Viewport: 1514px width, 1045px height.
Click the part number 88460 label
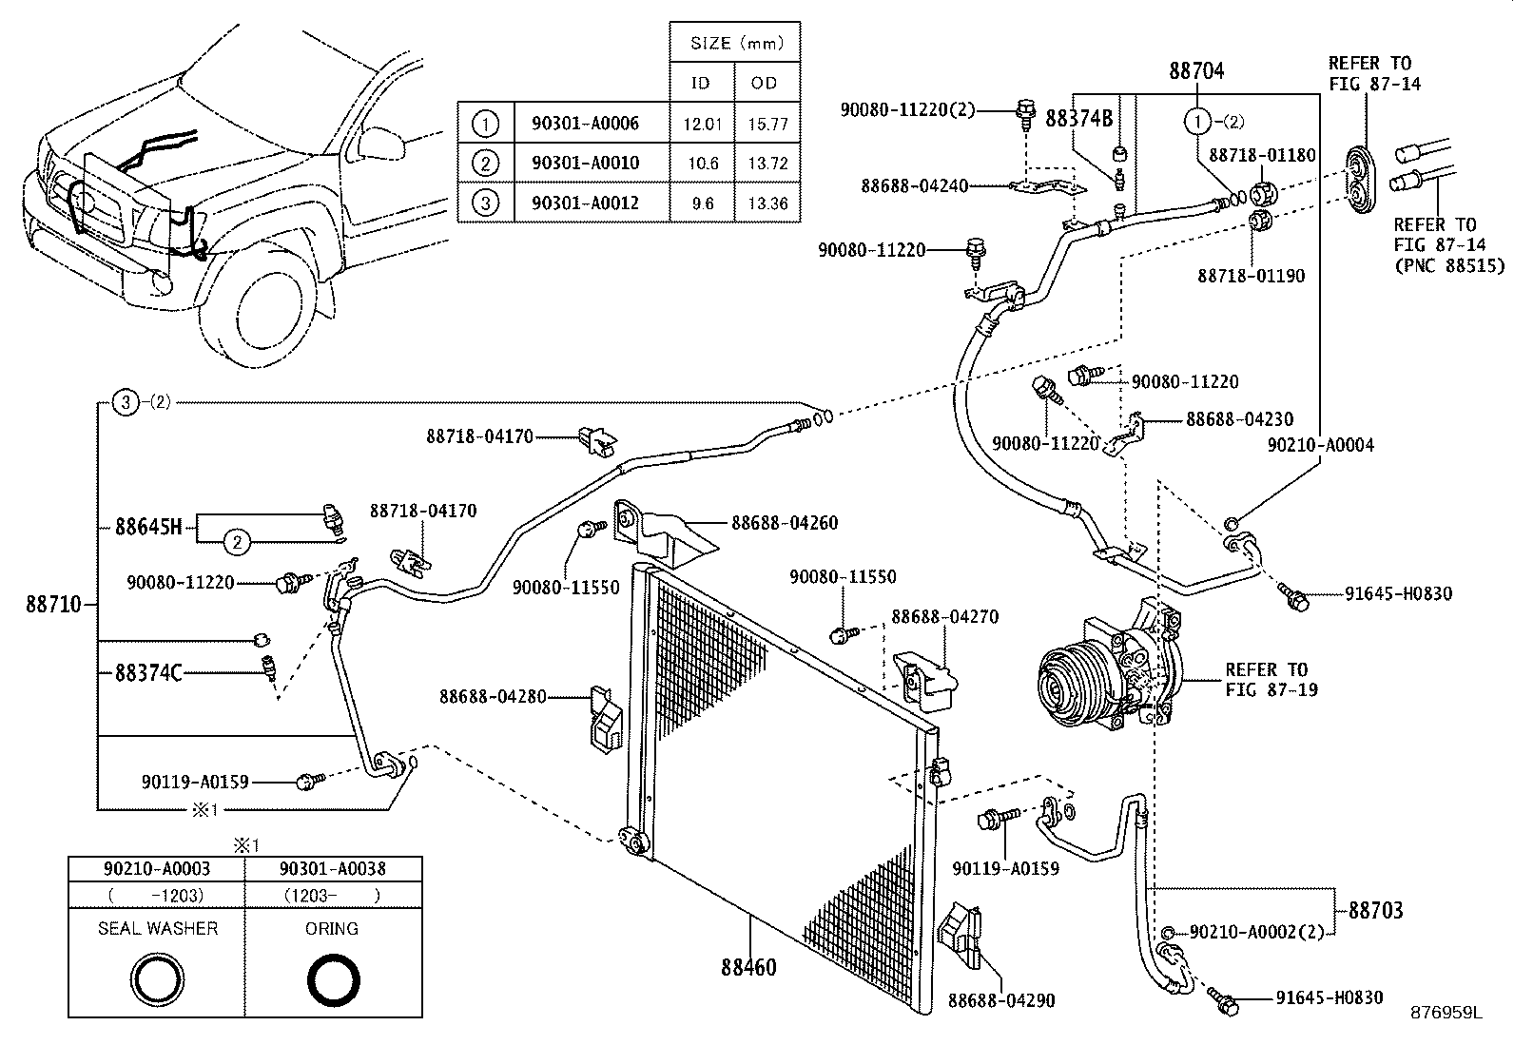(x=748, y=967)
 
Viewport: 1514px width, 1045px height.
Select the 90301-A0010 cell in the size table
(x=585, y=164)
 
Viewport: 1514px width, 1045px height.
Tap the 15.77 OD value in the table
(x=767, y=124)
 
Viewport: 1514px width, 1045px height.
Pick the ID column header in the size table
(x=700, y=83)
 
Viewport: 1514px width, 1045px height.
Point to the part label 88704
(x=1195, y=70)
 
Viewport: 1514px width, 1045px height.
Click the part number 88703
(x=1375, y=910)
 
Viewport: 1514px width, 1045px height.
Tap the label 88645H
(x=147, y=526)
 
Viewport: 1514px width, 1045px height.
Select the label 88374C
(x=147, y=672)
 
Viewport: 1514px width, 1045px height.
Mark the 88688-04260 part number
(x=785, y=522)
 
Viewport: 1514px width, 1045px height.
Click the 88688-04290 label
(x=1001, y=1000)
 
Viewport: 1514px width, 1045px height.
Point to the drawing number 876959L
(x=1446, y=1013)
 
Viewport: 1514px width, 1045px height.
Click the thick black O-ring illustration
(x=333, y=979)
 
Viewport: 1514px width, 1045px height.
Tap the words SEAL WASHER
(x=158, y=928)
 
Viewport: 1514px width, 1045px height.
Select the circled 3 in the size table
(x=485, y=203)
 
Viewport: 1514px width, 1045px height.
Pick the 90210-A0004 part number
(x=1320, y=444)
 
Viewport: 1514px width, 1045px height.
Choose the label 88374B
(x=1078, y=118)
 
